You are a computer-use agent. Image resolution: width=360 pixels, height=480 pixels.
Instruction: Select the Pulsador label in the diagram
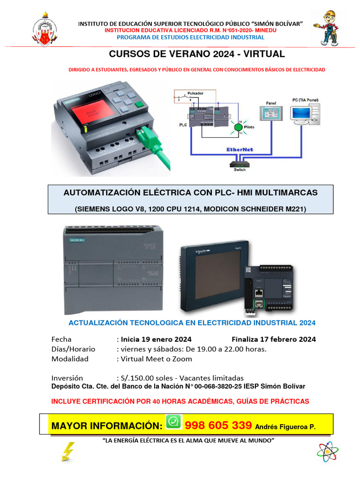point(195,93)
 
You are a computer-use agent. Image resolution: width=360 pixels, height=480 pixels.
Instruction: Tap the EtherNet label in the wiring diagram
point(240,149)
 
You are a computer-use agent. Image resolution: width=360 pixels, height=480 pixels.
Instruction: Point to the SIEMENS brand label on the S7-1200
point(77,240)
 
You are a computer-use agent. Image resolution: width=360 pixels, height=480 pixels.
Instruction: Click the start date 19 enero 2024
point(156,339)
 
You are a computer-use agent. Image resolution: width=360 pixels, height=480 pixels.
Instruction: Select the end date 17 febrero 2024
point(273,339)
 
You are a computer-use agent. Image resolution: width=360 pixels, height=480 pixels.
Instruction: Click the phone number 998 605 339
point(218,426)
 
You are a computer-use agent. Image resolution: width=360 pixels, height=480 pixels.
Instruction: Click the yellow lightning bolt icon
point(68,451)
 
